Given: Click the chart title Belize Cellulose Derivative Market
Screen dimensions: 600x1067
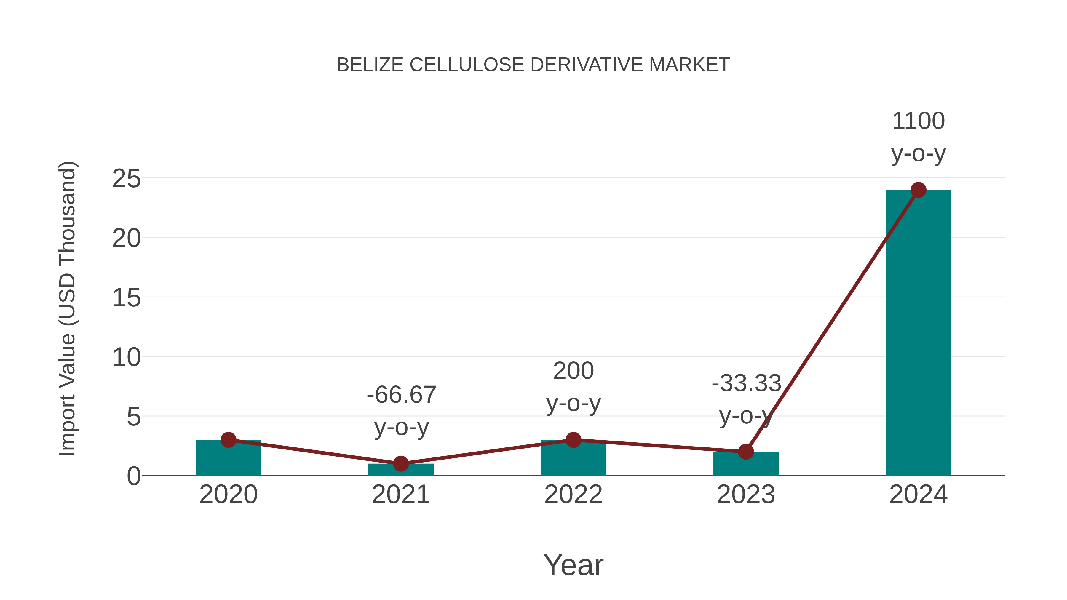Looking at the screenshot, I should click(x=533, y=65).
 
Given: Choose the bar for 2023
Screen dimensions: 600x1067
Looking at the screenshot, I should click(x=746, y=465).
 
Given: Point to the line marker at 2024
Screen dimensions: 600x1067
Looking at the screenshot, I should click(x=918, y=190).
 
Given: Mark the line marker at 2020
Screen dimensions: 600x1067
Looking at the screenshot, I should click(x=228, y=440).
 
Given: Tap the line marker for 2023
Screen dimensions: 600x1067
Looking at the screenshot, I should click(x=746, y=452).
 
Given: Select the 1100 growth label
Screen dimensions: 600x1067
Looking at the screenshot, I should click(x=918, y=121).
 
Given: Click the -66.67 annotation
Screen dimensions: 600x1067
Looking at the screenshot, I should click(x=401, y=395).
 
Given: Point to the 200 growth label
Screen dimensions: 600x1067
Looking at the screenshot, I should click(x=573, y=371).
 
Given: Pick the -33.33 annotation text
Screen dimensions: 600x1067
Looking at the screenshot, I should click(x=746, y=383).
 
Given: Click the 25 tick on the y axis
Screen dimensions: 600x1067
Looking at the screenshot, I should click(x=126, y=179).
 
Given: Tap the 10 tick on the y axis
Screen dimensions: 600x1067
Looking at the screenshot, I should click(x=126, y=357).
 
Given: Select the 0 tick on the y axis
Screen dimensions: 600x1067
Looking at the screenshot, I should click(x=133, y=476).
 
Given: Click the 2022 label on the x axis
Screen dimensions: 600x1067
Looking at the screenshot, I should click(x=573, y=495).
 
